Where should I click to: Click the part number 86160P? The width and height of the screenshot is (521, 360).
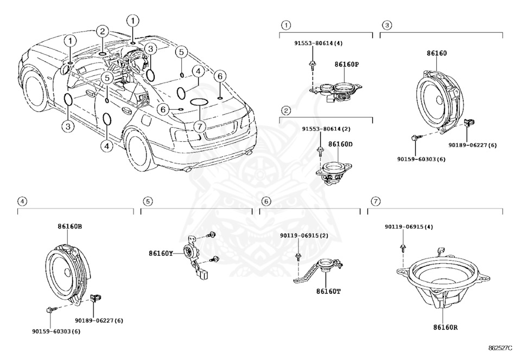(347, 64)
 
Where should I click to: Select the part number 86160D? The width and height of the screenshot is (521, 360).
(340, 145)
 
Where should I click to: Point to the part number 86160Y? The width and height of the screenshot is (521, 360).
(162, 253)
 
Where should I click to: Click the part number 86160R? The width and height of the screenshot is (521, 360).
(445, 327)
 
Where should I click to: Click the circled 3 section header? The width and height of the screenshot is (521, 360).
(386, 25)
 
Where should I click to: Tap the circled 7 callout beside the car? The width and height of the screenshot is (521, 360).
(199, 127)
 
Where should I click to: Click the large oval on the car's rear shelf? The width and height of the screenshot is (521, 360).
(199, 103)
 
